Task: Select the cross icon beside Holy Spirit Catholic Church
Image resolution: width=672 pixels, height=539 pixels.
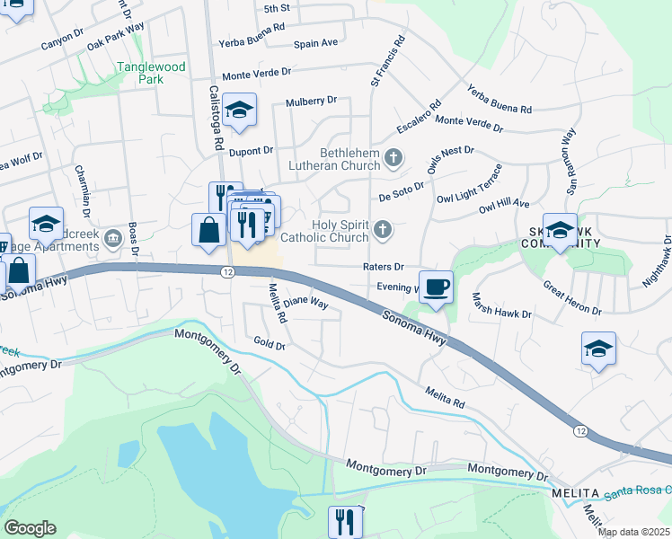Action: pyautogui.click(x=383, y=231)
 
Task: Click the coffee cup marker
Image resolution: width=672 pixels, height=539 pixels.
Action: pyautogui.click(x=437, y=287)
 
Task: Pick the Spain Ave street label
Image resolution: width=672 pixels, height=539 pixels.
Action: pyautogui.click(x=316, y=42)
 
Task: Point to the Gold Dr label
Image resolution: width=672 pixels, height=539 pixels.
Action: pyautogui.click(x=269, y=344)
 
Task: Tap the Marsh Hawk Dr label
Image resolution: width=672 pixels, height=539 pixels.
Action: pyautogui.click(x=501, y=308)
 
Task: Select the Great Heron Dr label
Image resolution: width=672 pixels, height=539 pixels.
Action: pyautogui.click(x=572, y=297)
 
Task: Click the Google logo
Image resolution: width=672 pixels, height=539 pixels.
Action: pyautogui.click(x=30, y=528)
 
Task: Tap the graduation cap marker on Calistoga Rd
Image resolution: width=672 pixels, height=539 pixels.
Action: pyautogui.click(x=240, y=110)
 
